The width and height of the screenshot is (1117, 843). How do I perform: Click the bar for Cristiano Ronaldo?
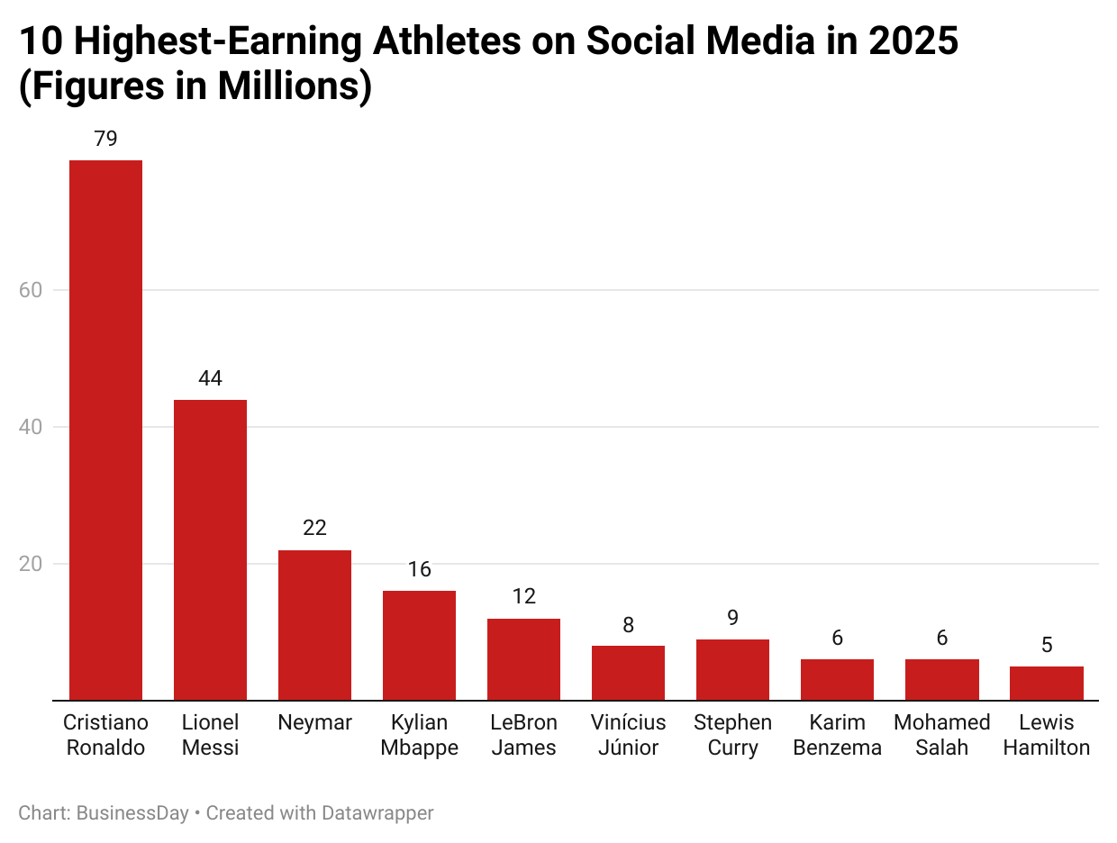tap(105, 430)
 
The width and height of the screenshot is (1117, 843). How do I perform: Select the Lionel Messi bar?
tap(210, 549)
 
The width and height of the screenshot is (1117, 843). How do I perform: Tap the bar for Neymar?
tap(314, 625)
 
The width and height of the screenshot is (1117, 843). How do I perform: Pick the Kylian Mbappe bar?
tap(419, 645)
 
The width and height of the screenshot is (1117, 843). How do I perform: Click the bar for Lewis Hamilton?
tap(1046, 683)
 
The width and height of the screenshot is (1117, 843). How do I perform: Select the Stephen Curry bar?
tap(732, 669)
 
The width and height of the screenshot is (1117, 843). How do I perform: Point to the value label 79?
tap(105, 139)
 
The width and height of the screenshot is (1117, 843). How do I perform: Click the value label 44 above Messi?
tap(210, 378)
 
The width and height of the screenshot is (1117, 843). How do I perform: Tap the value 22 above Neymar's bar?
tap(314, 528)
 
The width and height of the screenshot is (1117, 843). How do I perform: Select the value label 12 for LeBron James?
tap(523, 596)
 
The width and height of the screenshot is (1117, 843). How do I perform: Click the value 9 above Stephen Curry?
tap(732, 617)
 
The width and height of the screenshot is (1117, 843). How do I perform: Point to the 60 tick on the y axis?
tap(31, 290)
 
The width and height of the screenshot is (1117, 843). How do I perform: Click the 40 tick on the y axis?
tap(31, 427)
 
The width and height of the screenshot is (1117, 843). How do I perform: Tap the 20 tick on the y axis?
tap(31, 564)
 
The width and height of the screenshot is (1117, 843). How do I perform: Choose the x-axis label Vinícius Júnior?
tap(628, 735)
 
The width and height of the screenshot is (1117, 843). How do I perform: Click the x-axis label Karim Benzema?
tap(837, 735)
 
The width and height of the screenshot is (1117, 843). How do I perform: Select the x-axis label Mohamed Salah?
tap(941, 735)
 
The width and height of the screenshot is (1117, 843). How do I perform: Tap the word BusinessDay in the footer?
tap(132, 813)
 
